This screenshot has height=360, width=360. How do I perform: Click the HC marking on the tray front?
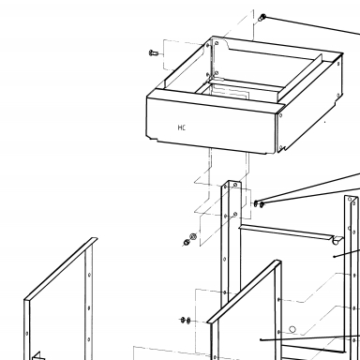coord(182,127)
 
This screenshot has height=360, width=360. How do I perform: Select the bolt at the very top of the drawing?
coord(262,17)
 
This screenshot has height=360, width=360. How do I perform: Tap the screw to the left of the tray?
coord(154,52)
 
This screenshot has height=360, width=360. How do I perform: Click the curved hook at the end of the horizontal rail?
coord(337,241)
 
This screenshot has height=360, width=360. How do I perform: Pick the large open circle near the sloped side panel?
coord(292,329)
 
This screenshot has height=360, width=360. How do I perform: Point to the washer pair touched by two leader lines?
coord(259,204)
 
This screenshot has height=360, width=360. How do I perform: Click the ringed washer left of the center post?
coord(193,236)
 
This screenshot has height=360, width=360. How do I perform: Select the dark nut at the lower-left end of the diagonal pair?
coord(187,242)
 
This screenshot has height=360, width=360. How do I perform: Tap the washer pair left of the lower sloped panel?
coord(186,320)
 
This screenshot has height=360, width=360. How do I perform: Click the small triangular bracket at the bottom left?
coord(37,356)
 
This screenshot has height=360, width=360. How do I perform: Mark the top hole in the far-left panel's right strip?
coord(89,275)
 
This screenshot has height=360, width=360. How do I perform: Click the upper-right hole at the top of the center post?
coord(235,185)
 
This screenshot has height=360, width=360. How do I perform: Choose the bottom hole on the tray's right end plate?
coord(281,147)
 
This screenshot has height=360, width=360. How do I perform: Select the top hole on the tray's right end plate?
coord(280,115)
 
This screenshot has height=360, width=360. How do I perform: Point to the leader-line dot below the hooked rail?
coord(335,257)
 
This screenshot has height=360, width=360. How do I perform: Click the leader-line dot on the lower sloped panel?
coord(261,339)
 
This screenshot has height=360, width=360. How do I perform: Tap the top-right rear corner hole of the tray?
coord(338,64)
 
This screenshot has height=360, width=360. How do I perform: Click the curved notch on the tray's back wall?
coord(225,44)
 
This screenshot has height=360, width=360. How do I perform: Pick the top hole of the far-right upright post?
coord(350,200)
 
